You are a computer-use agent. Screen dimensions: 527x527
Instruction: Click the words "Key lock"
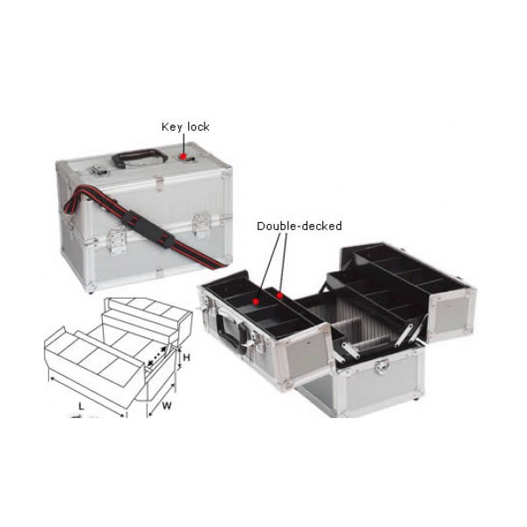click(x=185, y=126)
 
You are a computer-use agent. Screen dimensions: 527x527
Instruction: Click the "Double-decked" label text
click(x=299, y=226)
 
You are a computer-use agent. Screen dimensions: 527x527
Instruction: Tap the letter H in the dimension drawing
click(x=185, y=357)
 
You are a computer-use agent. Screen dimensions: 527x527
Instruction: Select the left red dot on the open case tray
click(x=255, y=300)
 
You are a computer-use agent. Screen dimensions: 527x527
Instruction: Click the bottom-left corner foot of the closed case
click(x=90, y=286)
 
